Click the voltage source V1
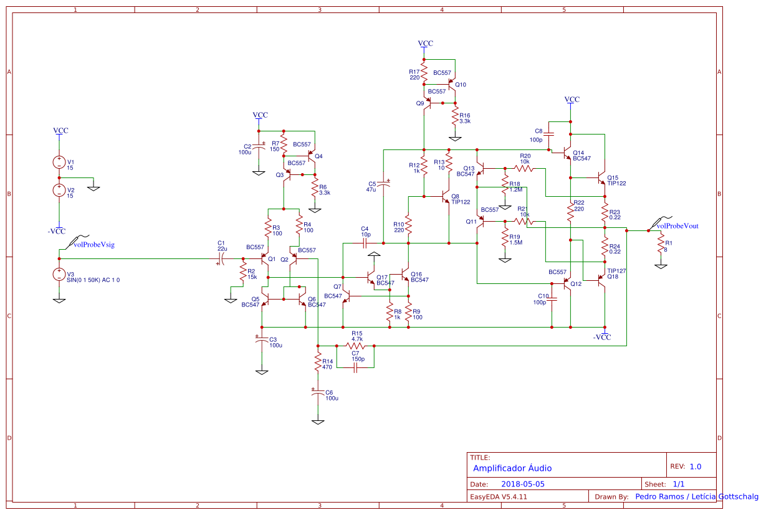click(x=59, y=163)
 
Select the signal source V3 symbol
click(x=59, y=275)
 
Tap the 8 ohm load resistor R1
click(x=660, y=247)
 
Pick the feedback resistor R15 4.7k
click(x=355, y=345)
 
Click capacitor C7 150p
click(x=355, y=368)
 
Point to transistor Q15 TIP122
click(x=601, y=178)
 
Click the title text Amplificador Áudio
click(x=512, y=468)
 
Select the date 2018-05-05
click(x=523, y=484)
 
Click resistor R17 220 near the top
click(x=424, y=70)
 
